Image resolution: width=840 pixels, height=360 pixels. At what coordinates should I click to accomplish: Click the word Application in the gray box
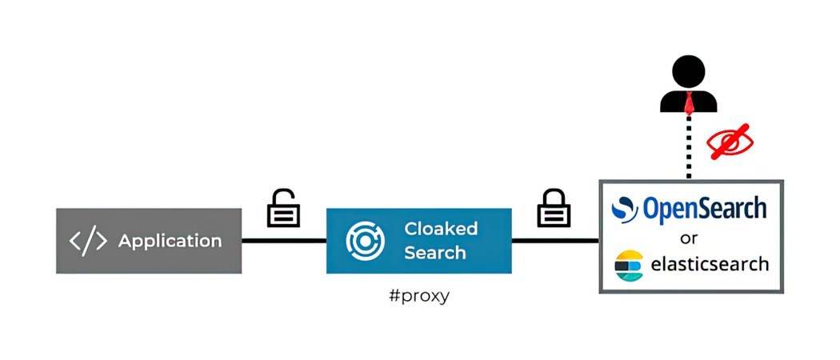pos(170,241)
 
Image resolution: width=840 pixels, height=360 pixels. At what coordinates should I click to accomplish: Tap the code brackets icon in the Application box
pos(88,241)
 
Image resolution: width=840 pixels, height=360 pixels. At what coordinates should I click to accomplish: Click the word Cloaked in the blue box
pos(441,229)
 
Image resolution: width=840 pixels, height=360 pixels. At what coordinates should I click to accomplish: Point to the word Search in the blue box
pos(434,253)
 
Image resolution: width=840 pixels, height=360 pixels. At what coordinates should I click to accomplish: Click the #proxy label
pos(418,296)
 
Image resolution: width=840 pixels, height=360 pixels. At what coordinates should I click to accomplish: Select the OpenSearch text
pos(705,208)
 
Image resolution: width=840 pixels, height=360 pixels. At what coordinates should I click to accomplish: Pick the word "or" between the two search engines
pos(689,238)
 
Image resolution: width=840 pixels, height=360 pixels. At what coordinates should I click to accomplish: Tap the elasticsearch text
pos(710,264)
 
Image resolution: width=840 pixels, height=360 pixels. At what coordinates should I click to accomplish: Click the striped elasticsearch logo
pos(629,266)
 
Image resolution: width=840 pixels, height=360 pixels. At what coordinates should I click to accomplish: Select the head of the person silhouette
pos(688,72)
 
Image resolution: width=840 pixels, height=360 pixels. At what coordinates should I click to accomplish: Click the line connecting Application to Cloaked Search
pos(283,240)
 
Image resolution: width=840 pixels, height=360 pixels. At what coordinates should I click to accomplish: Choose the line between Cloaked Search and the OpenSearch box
pos(555,240)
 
